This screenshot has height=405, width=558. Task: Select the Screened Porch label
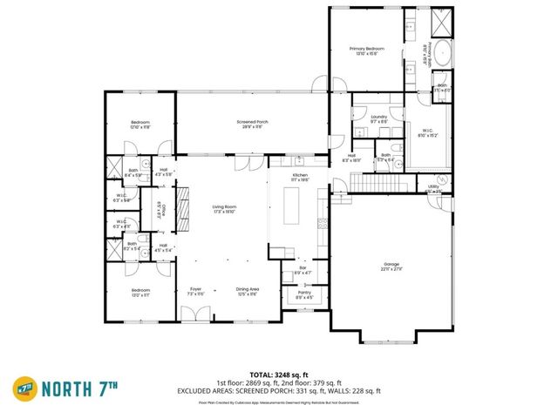(x=252, y=124)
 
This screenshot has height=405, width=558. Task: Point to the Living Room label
(x=225, y=208)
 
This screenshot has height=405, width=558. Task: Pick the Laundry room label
(x=378, y=118)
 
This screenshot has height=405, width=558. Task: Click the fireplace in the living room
(x=182, y=210)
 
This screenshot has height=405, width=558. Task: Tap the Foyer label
(x=194, y=292)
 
